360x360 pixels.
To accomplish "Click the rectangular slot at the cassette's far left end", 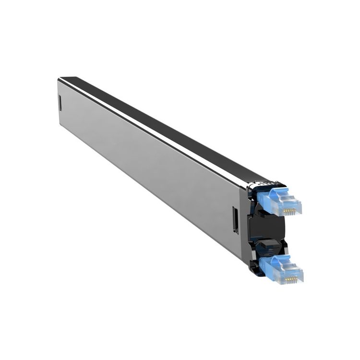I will coord(60,102).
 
